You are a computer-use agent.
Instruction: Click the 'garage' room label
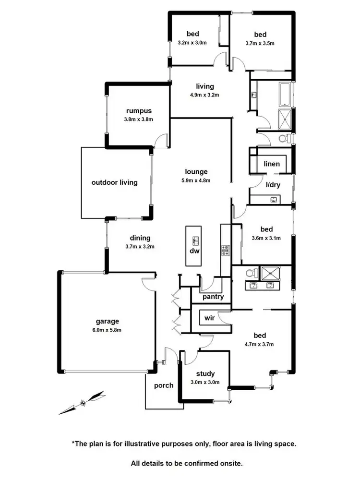click(x=107, y=322)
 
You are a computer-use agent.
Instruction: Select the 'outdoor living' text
click(x=115, y=182)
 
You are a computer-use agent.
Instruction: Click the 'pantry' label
click(x=213, y=297)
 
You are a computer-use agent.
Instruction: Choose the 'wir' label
click(x=209, y=317)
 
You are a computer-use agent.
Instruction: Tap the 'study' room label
click(x=205, y=374)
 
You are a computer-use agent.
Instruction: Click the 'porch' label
click(x=164, y=385)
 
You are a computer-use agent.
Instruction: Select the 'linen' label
click(x=272, y=164)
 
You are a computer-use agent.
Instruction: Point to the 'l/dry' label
click(x=273, y=185)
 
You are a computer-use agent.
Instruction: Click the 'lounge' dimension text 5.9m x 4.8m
click(x=196, y=180)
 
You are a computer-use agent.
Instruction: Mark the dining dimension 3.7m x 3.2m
click(x=140, y=247)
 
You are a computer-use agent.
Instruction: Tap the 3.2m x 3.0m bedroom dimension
click(x=192, y=43)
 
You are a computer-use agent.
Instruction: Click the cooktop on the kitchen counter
click(x=225, y=250)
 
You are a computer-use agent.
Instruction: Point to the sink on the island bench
click(x=195, y=240)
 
